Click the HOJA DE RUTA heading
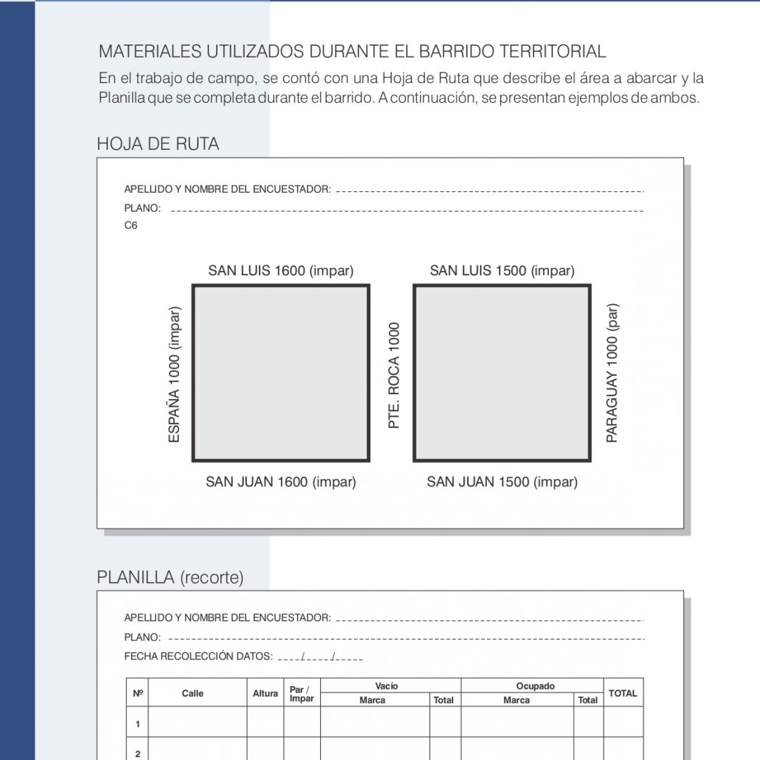[158, 144]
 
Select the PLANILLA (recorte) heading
[170, 578]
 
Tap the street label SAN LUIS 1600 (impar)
[281, 271]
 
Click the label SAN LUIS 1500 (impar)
[502, 271]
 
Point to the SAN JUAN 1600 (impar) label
[281, 482]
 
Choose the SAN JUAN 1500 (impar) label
[502, 482]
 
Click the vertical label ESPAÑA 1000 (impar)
[175, 374]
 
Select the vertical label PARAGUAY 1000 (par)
[612, 373]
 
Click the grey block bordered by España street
[281, 373]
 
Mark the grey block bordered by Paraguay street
[502, 373]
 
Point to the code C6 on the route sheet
[131, 226]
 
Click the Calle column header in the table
[193, 693]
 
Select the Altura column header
[265, 693]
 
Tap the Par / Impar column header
[302, 694]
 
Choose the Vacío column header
[386, 686]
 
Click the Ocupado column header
[536, 686]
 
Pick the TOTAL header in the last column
[623, 693]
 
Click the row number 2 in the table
[138, 754]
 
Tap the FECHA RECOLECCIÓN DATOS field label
[198, 657]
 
